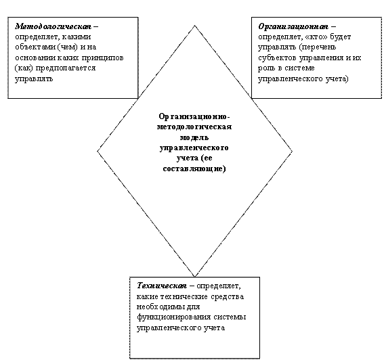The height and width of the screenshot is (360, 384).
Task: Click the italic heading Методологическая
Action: [53, 26]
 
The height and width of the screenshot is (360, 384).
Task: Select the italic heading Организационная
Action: [293, 26]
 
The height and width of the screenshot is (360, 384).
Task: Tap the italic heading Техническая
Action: [162, 286]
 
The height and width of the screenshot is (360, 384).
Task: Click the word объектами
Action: [35, 47]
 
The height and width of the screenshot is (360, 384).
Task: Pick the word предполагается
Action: [66, 68]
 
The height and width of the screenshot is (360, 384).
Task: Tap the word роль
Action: [267, 68]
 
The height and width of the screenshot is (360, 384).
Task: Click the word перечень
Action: [318, 47]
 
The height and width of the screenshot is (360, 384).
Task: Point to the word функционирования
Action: [173, 317]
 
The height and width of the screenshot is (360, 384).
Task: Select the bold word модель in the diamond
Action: [194, 137]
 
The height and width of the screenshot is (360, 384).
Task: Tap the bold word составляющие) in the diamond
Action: [194, 168]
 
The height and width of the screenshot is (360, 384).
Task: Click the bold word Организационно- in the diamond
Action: [194, 116]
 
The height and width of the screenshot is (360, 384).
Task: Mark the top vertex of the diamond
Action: [194, 26]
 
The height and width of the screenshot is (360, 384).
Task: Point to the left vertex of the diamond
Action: [98, 152]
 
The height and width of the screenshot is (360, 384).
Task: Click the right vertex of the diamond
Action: [292, 152]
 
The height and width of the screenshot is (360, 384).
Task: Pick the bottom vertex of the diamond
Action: [194, 277]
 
